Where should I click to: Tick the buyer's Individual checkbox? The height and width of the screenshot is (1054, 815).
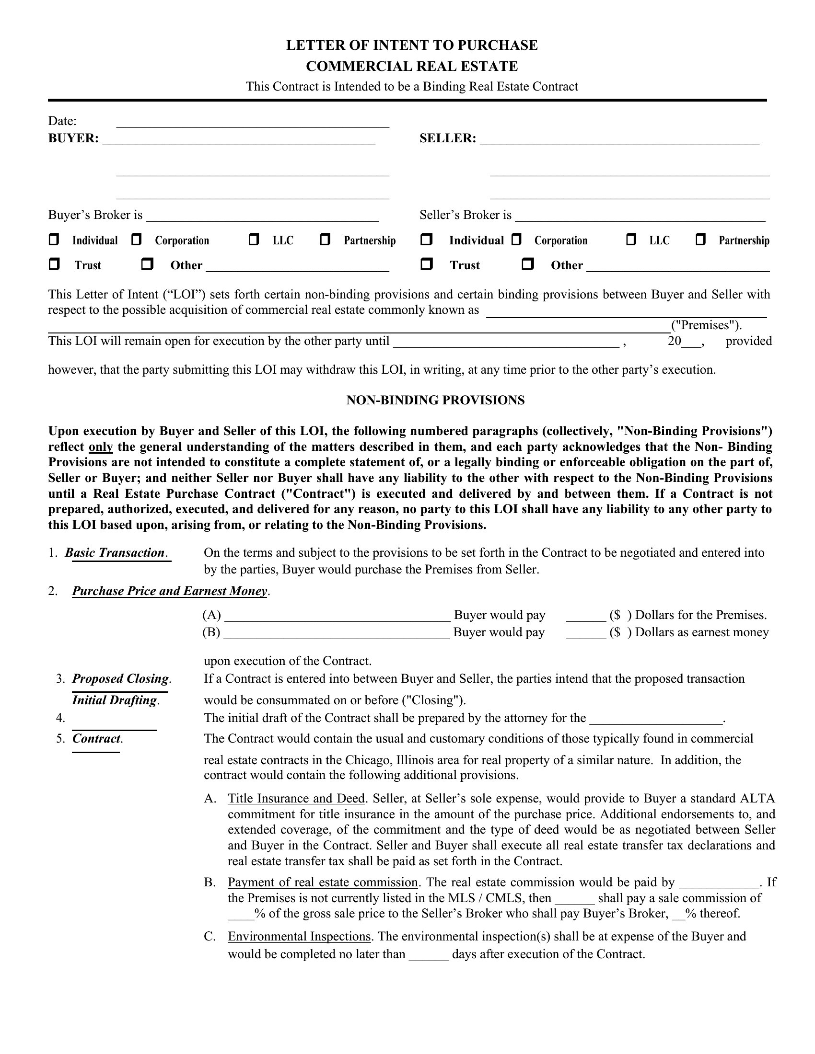pos(54,240)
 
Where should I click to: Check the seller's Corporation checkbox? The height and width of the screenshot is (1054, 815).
pos(517,240)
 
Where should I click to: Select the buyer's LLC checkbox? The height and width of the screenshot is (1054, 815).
pos(254,240)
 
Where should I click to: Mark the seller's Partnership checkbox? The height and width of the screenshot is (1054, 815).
pos(700,240)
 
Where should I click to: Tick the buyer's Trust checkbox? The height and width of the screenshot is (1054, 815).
pos(54,264)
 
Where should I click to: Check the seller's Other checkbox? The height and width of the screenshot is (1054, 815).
pos(528,264)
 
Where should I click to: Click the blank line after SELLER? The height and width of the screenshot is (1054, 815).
pos(619,139)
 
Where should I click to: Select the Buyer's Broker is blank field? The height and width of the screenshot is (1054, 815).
pos(262,216)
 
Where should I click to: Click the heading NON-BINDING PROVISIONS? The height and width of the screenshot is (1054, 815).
pos(435,400)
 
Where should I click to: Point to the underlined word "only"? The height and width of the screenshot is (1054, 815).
pos(100,447)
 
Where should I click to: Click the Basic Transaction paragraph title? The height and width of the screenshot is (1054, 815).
pos(115,552)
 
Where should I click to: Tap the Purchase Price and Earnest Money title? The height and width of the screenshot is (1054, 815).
pos(169,591)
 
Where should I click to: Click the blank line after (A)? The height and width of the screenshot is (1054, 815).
pos(337,616)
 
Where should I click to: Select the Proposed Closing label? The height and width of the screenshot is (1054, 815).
pos(120,678)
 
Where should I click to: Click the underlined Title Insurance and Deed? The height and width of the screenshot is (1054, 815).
pos(296,799)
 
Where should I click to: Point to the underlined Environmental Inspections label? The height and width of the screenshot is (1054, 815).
pos(299,937)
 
